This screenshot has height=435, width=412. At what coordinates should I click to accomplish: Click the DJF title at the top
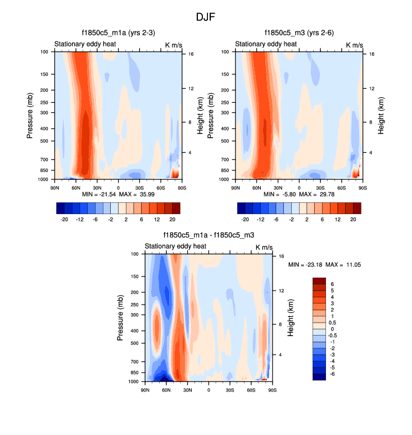pos(206,17)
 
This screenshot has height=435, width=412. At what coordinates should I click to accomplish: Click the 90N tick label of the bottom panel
pos(145,390)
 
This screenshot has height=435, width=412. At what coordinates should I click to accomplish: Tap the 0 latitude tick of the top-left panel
pos(118,188)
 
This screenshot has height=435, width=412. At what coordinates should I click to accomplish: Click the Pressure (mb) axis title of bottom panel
pos(120,318)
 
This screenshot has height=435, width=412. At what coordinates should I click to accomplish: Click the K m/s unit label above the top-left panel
pos(174,44)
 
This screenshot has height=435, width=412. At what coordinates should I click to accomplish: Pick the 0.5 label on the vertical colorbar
pos(332,323)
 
